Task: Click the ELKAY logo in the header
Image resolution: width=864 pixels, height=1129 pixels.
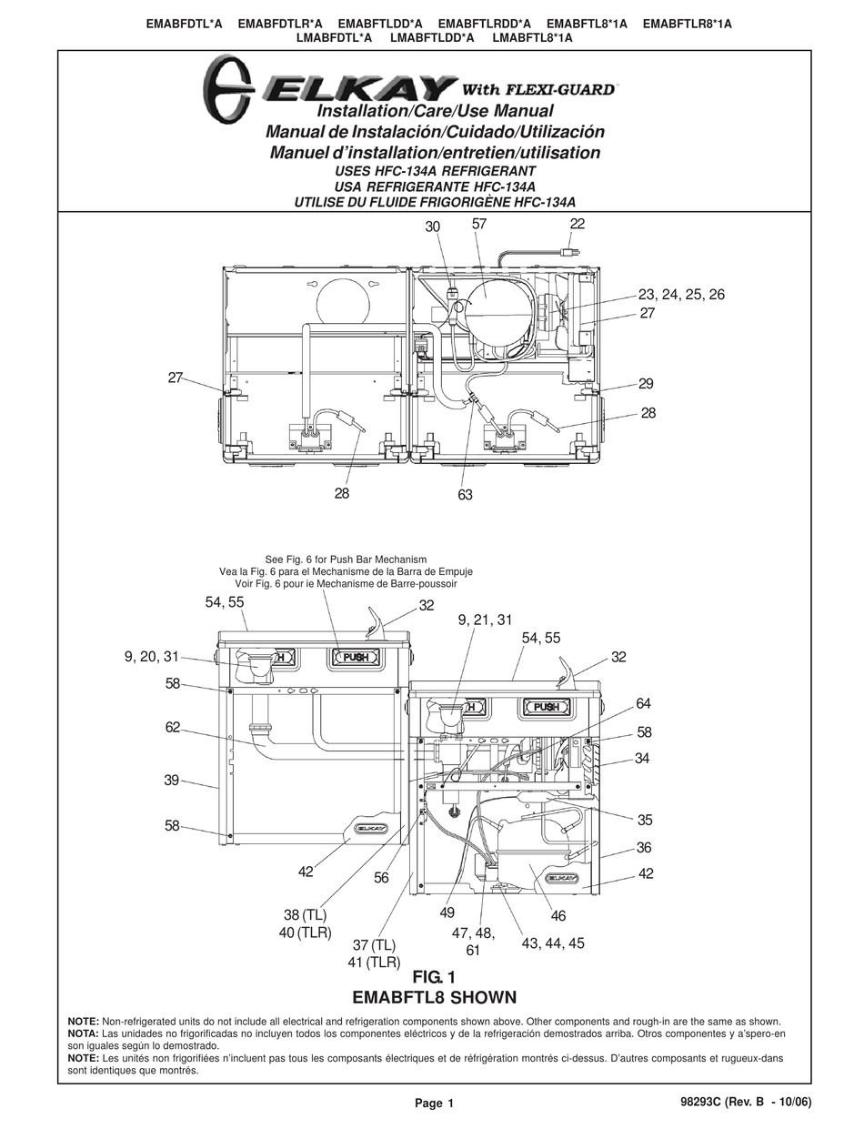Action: tap(329, 88)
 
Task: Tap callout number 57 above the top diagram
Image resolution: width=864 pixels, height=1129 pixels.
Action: tap(481, 224)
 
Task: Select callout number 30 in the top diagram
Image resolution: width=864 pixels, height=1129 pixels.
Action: tap(433, 227)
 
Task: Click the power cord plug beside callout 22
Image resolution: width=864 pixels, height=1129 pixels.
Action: tap(570, 250)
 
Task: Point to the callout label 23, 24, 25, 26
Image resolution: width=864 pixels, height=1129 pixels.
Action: tap(681, 295)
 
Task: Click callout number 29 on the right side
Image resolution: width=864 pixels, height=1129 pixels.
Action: tap(646, 384)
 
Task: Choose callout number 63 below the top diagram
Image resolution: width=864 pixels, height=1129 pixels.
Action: tap(464, 495)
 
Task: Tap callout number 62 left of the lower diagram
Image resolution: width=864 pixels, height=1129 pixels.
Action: tap(173, 727)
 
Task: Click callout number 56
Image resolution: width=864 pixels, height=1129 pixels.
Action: tap(380, 878)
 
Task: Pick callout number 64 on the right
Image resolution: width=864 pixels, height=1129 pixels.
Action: tap(644, 704)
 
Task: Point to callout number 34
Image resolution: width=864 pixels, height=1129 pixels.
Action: tap(642, 758)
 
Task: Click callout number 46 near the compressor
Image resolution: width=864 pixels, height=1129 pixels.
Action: tap(558, 917)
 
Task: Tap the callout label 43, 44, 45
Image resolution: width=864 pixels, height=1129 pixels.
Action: tap(553, 943)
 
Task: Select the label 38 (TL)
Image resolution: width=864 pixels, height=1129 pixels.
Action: tap(303, 914)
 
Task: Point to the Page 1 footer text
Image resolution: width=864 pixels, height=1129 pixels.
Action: tap(434, 1104)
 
